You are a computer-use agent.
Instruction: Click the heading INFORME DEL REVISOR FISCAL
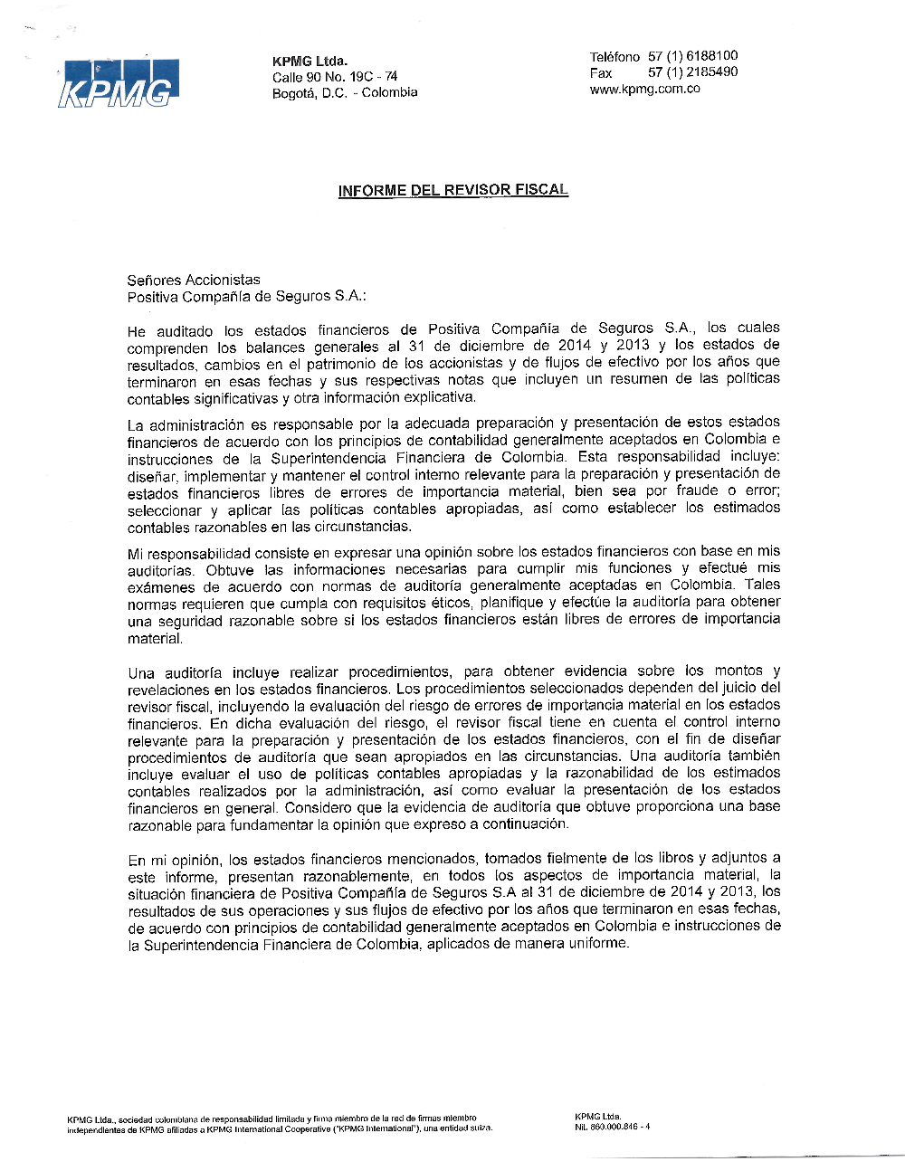pyautogui.click(x=452, y=190)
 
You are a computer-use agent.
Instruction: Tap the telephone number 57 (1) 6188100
pyautogui.click(x=692, y=56)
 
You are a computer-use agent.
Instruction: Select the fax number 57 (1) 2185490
pyautogui.click(x=692, y=72)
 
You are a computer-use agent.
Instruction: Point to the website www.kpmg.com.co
pyautogui.click(x=644, y=89)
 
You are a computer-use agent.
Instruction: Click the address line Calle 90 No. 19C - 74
pyautogui.click(x=335, y=77)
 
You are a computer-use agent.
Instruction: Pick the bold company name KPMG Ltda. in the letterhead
pyautogui.click(x=310, y=61)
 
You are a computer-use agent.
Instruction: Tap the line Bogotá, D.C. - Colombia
pyautogui.click(x=345, y=92)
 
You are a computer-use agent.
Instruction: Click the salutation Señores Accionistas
pyautogui.click(x=194, y=280)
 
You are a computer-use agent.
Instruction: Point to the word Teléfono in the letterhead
pyautogui.click(x=614, y=56)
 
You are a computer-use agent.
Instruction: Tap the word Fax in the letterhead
pyautogui.click(x=601, y=72)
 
